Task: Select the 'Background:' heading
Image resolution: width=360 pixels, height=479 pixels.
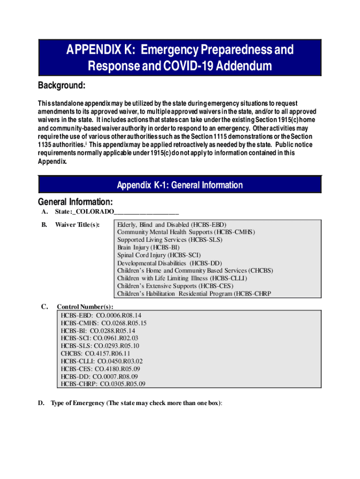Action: [x=61, y=86]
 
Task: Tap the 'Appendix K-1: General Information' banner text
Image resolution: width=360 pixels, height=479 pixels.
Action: [x=180, y=185]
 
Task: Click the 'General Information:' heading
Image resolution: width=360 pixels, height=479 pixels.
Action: [x=75, y=202]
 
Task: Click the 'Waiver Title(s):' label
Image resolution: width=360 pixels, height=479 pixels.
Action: [x=77, y=225]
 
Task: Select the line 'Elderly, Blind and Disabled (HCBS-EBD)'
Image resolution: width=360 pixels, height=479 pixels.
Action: [x=172, y=225]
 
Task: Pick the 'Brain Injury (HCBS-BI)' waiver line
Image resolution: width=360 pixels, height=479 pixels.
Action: [x=148, y=247]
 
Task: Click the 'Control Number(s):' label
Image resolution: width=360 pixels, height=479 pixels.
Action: [x=85, y=307]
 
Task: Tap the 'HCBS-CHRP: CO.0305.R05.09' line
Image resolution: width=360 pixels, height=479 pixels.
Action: [x=103, y=384]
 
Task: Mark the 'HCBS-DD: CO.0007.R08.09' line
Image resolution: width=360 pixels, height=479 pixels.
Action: [x=99, y=377]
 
